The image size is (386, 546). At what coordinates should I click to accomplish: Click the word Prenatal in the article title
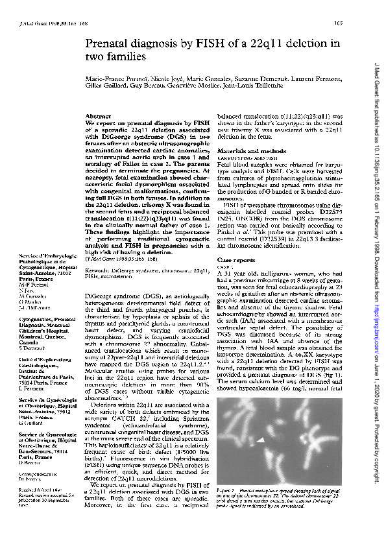107,44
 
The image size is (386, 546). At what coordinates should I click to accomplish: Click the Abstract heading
97,115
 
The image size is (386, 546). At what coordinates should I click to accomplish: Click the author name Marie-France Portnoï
114,78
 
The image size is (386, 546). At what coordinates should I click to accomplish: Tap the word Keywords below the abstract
97,268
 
